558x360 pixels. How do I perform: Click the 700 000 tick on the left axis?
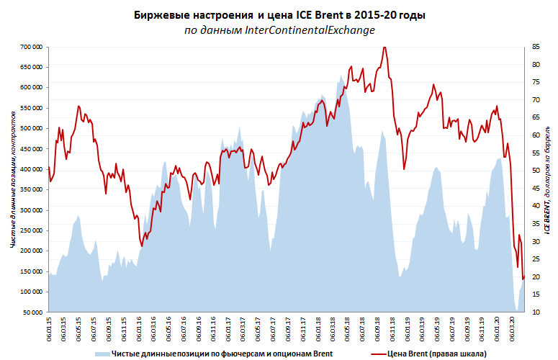(x=29, y=47)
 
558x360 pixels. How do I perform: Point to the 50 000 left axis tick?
(x=31, y=312)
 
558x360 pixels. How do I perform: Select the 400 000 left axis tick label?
(x=29, y=169)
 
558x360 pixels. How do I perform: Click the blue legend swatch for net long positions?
(x=102, y=354)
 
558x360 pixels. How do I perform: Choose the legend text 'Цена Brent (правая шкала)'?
(x=436, y=354)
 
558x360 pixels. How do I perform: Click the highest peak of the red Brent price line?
(x=384, y=47)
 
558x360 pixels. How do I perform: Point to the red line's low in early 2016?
(x=141, y=246)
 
